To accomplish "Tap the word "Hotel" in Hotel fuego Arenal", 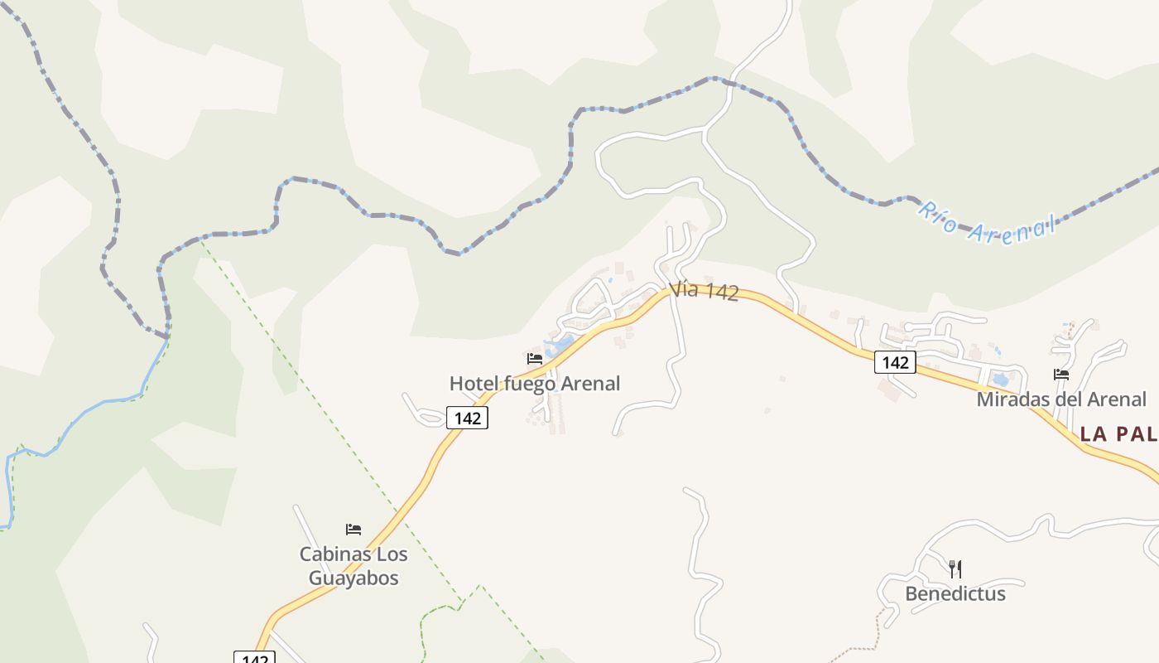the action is pos(472,384).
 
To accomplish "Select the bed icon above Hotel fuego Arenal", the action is pos(535,359).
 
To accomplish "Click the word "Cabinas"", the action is pos(330,554).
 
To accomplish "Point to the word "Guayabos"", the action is pos(353,578).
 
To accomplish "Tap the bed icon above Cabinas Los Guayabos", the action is pos(353,530).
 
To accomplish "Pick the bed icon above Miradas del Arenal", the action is pos(1061,375).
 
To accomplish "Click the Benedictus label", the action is pos(955,594).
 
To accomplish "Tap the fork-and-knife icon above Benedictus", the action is pos(955,569).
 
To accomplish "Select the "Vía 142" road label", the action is pos(704,291).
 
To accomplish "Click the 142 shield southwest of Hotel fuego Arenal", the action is pos(468,419).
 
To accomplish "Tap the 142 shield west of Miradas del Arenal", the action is pos(895,362).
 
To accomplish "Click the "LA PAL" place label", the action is pos(1118,433).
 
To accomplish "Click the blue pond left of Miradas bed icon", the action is pos(1000,380).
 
